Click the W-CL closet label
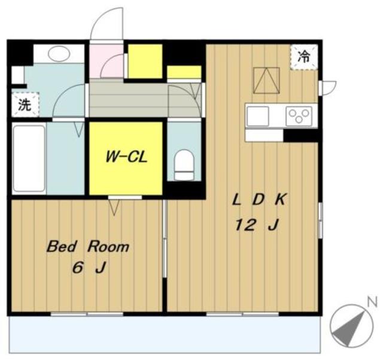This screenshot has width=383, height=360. tap(126, 157)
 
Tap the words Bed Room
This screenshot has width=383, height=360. tap(88, 246)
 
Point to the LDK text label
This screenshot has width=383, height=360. tap(259, 199)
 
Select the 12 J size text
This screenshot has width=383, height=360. tap(257, 225)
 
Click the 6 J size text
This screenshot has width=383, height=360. tap(89, 268)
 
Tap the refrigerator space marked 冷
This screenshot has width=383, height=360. tap(304, 57)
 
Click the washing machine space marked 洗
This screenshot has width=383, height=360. tap(25, 105)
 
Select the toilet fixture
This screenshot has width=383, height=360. tap(184, 164)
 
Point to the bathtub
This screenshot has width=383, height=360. tap(29, 158)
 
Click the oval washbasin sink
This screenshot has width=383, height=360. tap(59, 54)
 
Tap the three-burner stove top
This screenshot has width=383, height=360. tap(299, 116)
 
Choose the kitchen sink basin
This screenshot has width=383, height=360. tap(257, 117)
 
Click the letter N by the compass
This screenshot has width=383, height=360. tap(372, 303)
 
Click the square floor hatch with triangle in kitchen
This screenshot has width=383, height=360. tap(266, 80)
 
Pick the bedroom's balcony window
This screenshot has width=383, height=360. tap(87, 314)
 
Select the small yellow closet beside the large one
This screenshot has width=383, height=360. tap(184, 72)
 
